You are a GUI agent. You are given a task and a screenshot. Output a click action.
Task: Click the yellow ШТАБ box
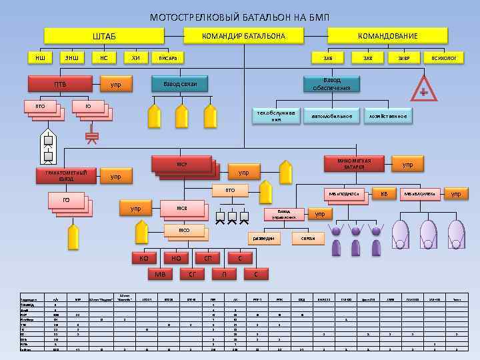[x=103, y=36]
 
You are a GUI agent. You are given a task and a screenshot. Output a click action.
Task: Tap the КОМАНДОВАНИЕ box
[x=387, y=36]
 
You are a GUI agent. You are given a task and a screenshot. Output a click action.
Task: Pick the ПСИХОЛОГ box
[x=444, y=58]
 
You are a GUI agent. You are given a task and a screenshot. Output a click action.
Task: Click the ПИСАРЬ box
[x=168, y=58]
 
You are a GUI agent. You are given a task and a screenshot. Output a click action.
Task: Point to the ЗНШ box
[x=71, y=58]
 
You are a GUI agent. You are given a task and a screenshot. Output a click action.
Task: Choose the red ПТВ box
[x=60, y=85]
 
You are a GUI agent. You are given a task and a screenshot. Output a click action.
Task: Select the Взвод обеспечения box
[x=331, y=84]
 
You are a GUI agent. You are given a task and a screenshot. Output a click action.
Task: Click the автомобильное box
[x=331, y=116]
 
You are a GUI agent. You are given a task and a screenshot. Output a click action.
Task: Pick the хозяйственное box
[x=387, y=116]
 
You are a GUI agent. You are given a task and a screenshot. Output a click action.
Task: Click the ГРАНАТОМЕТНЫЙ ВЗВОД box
[x=65, y=176]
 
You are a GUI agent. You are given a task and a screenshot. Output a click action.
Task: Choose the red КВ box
[x=383, y=194]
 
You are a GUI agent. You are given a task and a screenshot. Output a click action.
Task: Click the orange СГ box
[x=192, y=273]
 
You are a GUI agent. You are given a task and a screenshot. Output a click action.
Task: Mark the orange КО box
[x=143, y=258]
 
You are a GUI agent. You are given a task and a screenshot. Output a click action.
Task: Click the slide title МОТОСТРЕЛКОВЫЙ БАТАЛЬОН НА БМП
[x=239, y=17]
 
